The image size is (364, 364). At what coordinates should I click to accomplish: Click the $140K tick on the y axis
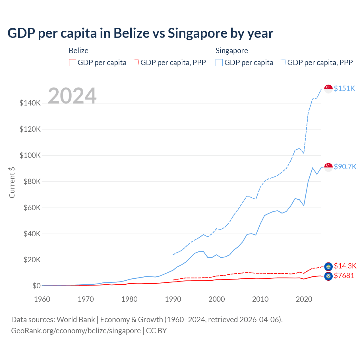pyautogui.click(x=30, y=103)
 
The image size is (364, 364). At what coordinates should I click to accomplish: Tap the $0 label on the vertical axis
pyautogui.click(x=36, y=286)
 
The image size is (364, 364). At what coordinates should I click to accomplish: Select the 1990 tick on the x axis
pyautogui.click(x=173, y=299)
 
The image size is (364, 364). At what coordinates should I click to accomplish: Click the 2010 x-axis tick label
pyautogui.click(x=260, y=299)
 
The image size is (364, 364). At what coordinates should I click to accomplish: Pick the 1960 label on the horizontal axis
pyautogui.click(x=42, y=299)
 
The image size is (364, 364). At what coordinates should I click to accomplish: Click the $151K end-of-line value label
pyautogui.click(x=344, y=88)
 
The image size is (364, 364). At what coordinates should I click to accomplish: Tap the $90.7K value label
pyautogui.click(x=345, y=167)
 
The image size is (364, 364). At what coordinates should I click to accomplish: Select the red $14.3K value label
pyautogui.click(x=345, y=266)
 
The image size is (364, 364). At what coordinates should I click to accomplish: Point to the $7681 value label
pyautogui.click(x=344, y=276)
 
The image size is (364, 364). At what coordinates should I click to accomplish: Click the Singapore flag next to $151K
pyautogui.click(x=328, y=89)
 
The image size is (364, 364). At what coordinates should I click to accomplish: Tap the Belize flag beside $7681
pyautogui.click(x=328, y=276)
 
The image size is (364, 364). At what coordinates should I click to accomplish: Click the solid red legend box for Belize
pyautogui.click(x=73, y=63)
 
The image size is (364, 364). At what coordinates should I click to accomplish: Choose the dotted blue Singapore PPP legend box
pyautogui.click(x=282, y=63)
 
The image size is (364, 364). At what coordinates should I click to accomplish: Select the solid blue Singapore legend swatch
pyautogui.click(x=219, y=63)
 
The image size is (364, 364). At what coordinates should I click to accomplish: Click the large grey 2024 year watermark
pyautogui.click(x=72, y=96)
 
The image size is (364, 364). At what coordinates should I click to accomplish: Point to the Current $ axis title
pyautogui.click(x=12, y=183)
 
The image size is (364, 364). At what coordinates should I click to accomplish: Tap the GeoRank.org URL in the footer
pyautogui.click(x=76, y=331)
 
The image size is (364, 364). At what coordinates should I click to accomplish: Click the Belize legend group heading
pyautogui.click(x=78, y=51)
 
